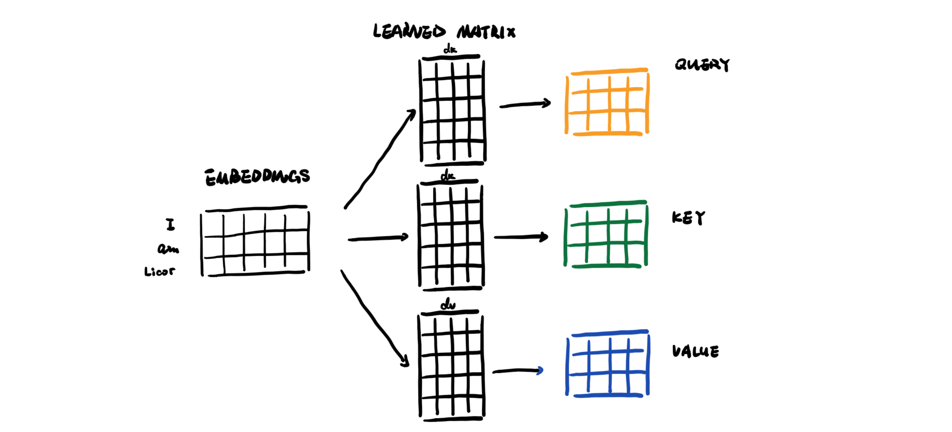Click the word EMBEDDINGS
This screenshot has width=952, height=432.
(257, 177)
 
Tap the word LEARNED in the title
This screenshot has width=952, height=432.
(409, 32)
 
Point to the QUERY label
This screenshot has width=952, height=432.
(702, 65)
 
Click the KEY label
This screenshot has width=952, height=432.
(688, 218)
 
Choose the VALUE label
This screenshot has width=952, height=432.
(695, 351)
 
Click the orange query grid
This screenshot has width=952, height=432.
(607, 102)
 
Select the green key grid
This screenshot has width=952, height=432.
(606, 235)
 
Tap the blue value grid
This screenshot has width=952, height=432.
(608, 364)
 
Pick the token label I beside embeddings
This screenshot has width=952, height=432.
(170, 225)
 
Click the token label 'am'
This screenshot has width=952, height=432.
(168, 249)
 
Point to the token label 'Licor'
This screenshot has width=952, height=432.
(159, 271)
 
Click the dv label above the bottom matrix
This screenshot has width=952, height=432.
(448, 305)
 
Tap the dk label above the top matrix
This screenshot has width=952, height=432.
(450, 50)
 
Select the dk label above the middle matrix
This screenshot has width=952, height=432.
(447, 177)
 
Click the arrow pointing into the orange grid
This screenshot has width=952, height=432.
(525, 104)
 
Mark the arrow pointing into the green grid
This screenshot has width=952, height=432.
(521, 237)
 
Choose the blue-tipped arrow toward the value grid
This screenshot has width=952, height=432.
(517, 371)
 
